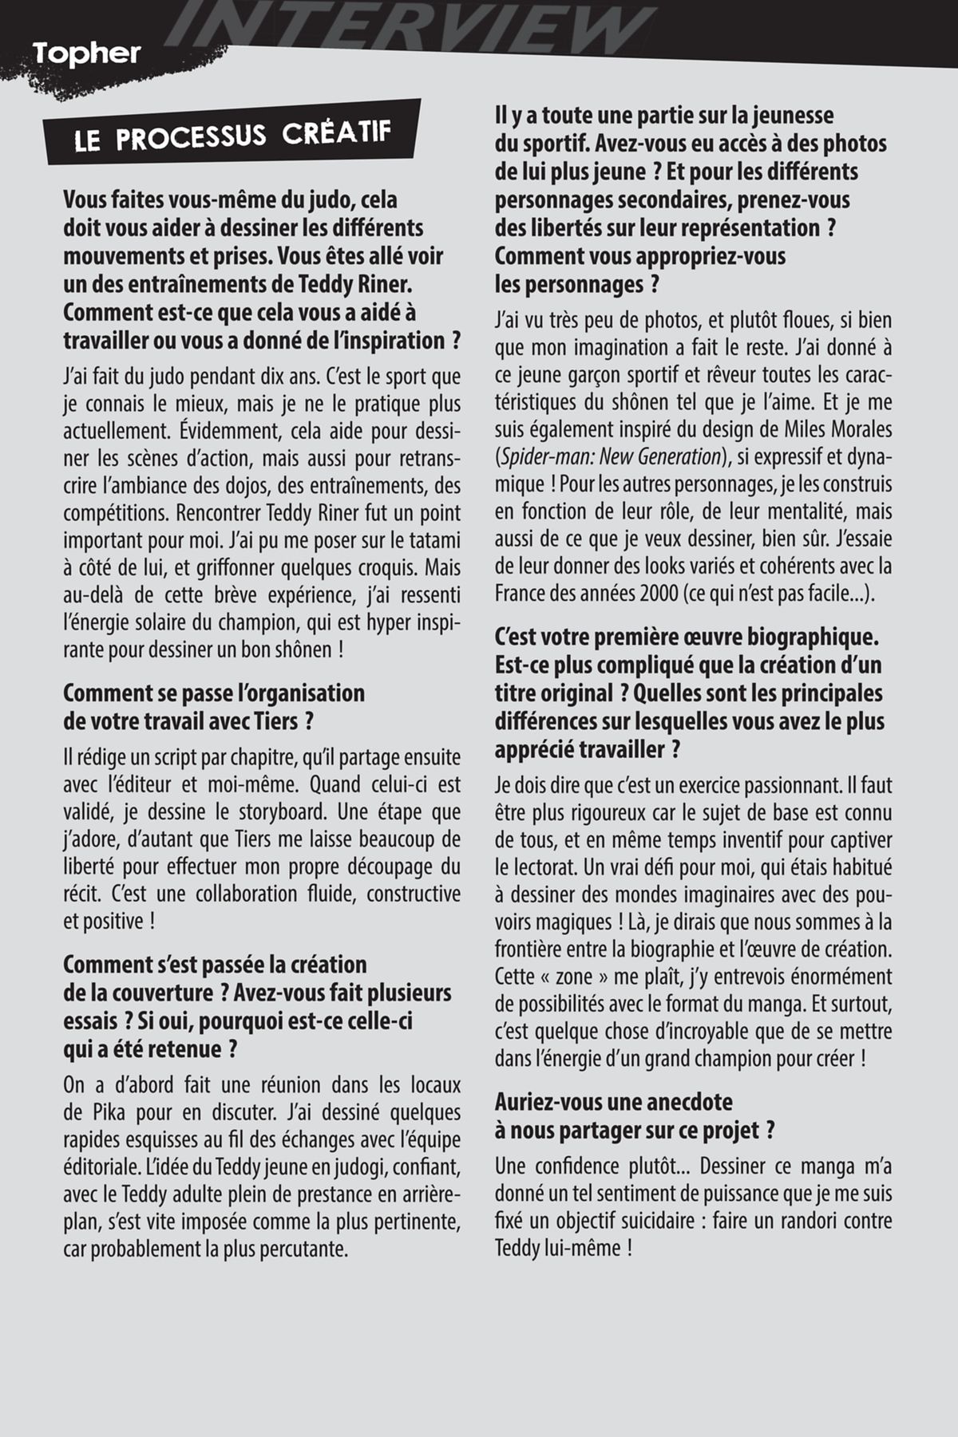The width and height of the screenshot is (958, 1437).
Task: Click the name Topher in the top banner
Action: coord(87,54)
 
